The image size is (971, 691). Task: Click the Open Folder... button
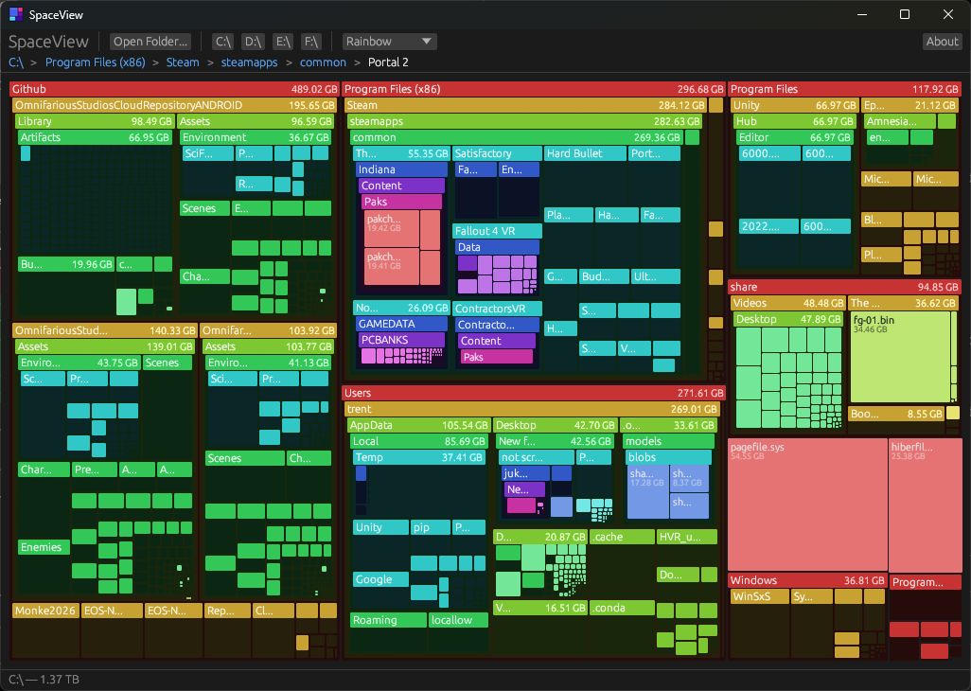151,42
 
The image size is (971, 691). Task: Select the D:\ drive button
253,42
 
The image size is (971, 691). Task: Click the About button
942,42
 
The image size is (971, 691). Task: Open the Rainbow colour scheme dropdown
389,42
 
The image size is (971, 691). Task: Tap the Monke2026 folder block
44,611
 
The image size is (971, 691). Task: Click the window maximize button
905,14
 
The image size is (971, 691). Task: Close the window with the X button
948,14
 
